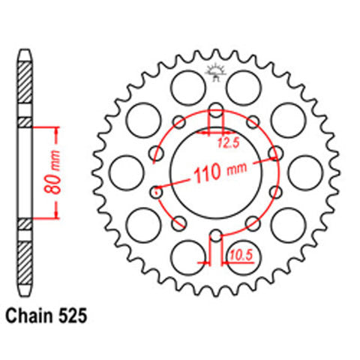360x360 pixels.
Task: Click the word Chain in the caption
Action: pyautogui.click(x=30, y=318)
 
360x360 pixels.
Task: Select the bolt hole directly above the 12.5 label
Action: pyautogui.click(x=215, y=111)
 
